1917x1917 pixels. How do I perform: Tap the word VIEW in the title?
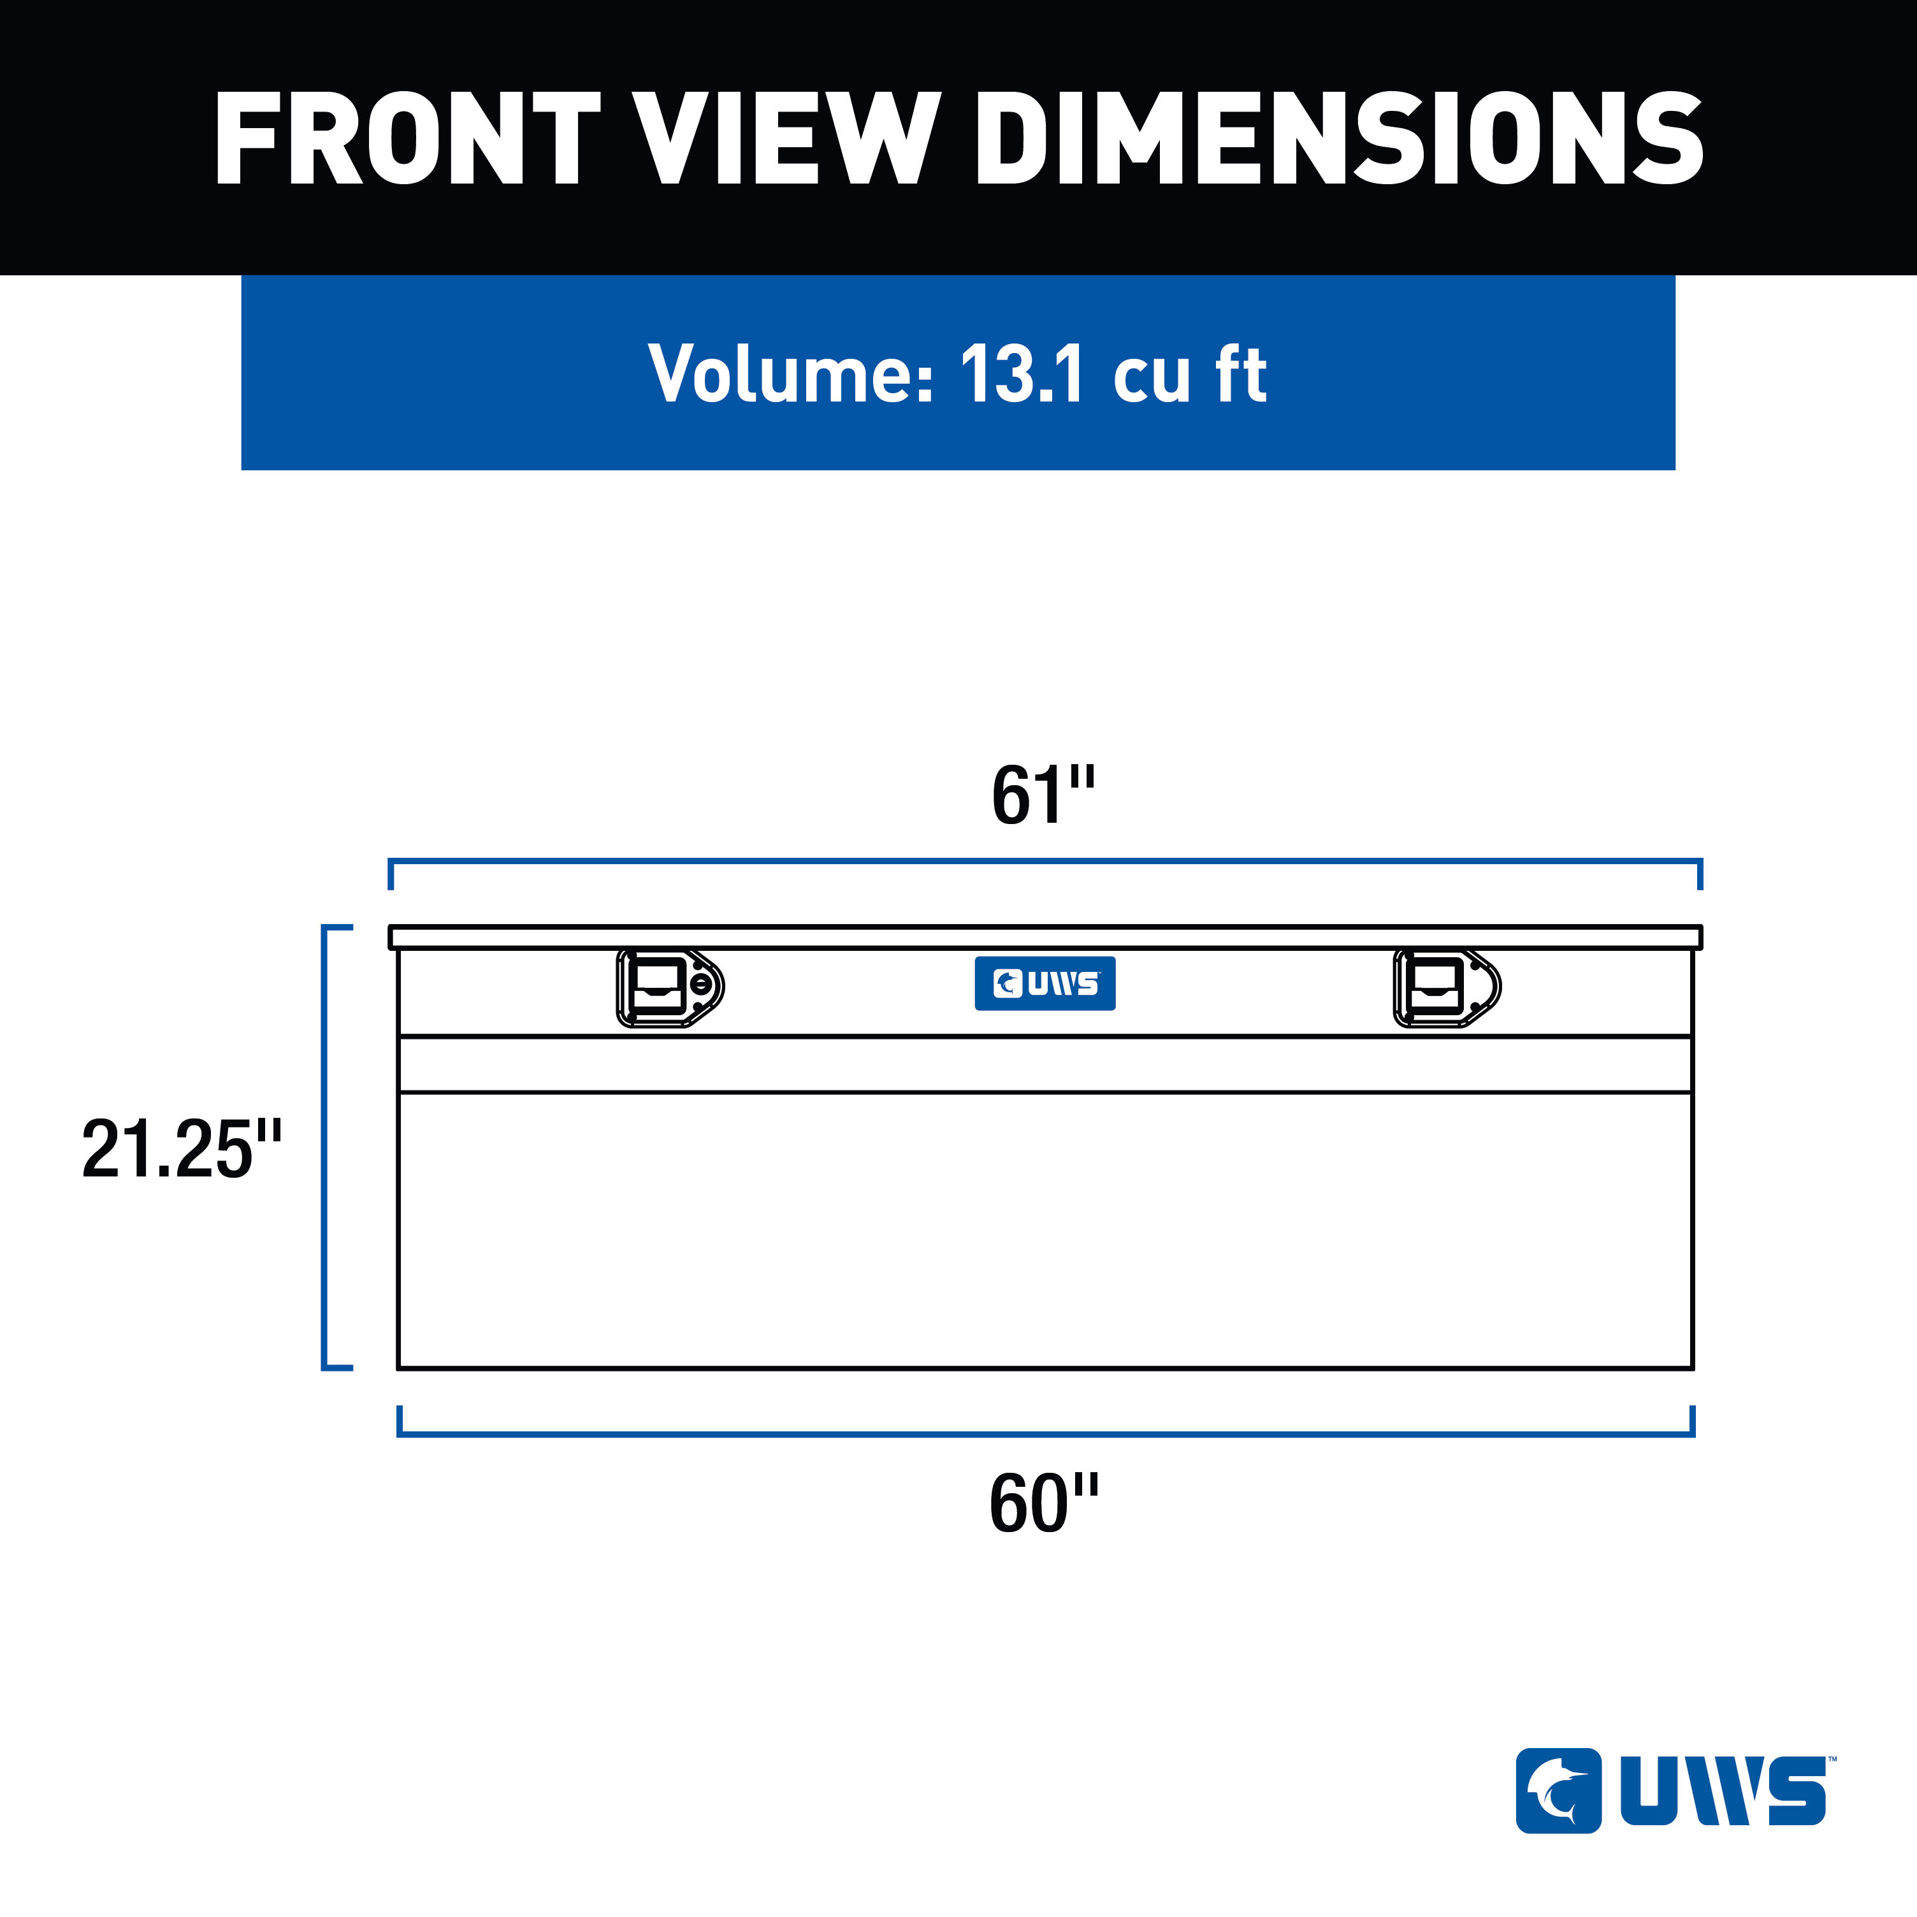click(787, 138)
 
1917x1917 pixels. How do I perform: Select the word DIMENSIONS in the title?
click(1340, 138)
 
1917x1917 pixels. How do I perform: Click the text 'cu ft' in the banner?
click(1190, 374)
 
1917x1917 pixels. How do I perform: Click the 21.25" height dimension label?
click(182, 1149)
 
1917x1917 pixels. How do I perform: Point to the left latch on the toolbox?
click(670, 987)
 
